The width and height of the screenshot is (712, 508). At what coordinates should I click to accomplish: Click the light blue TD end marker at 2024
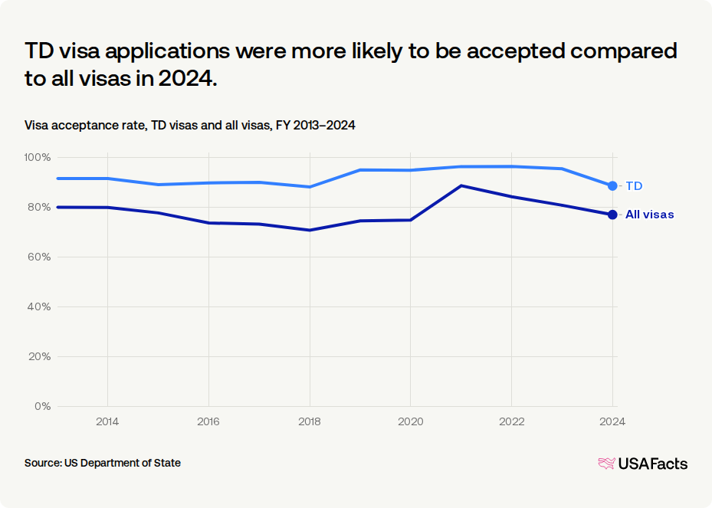tap(612, 185)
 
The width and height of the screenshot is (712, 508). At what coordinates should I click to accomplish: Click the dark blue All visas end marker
tap(612, 215)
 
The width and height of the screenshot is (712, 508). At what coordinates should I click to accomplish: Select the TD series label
tap(634, 186)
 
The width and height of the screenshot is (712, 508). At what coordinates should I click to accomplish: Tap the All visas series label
tap(649, 215)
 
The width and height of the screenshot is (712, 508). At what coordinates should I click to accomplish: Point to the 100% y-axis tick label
tap(38, 158)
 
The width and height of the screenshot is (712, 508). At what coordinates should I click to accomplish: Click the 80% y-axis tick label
tap(39, 207)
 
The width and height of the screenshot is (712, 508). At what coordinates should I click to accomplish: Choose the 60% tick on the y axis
tap(39, 257)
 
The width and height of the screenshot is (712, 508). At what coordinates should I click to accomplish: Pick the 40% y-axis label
tap(39, 307)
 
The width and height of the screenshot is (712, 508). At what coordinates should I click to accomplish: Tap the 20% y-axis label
tap(39, 357)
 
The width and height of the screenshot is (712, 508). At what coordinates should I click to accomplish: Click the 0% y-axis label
tap(42, 406)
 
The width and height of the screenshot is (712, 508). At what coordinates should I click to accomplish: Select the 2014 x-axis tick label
tap(107, 421)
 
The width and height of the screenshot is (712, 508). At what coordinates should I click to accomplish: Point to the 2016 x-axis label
tap(208, 421)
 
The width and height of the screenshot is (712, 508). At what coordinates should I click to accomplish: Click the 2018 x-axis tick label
tap(310, 421)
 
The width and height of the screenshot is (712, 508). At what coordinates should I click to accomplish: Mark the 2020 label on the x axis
tap(411, 421)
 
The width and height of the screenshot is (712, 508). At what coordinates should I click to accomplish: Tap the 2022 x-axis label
tap(512, 421)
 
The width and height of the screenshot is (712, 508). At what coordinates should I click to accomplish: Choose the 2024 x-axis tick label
tap(612, 421)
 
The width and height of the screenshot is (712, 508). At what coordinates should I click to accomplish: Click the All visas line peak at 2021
tap(461, 185)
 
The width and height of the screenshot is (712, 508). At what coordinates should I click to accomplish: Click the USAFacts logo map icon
tap(607, 464)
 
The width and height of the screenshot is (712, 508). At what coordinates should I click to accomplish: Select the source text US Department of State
tap(123, 463)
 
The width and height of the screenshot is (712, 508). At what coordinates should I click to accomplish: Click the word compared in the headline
tap(624, 51)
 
